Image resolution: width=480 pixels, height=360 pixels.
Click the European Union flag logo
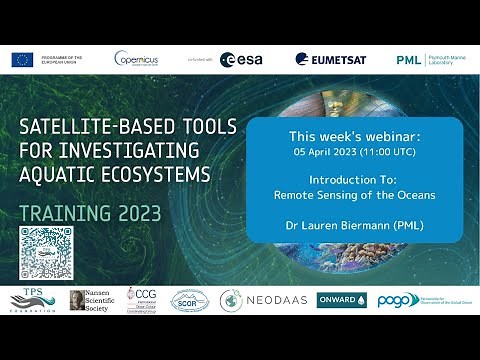[x=22, y=60]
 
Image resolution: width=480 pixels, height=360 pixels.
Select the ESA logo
[x=241, y=60]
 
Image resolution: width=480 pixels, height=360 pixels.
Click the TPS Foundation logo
[x=32, y=299]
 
